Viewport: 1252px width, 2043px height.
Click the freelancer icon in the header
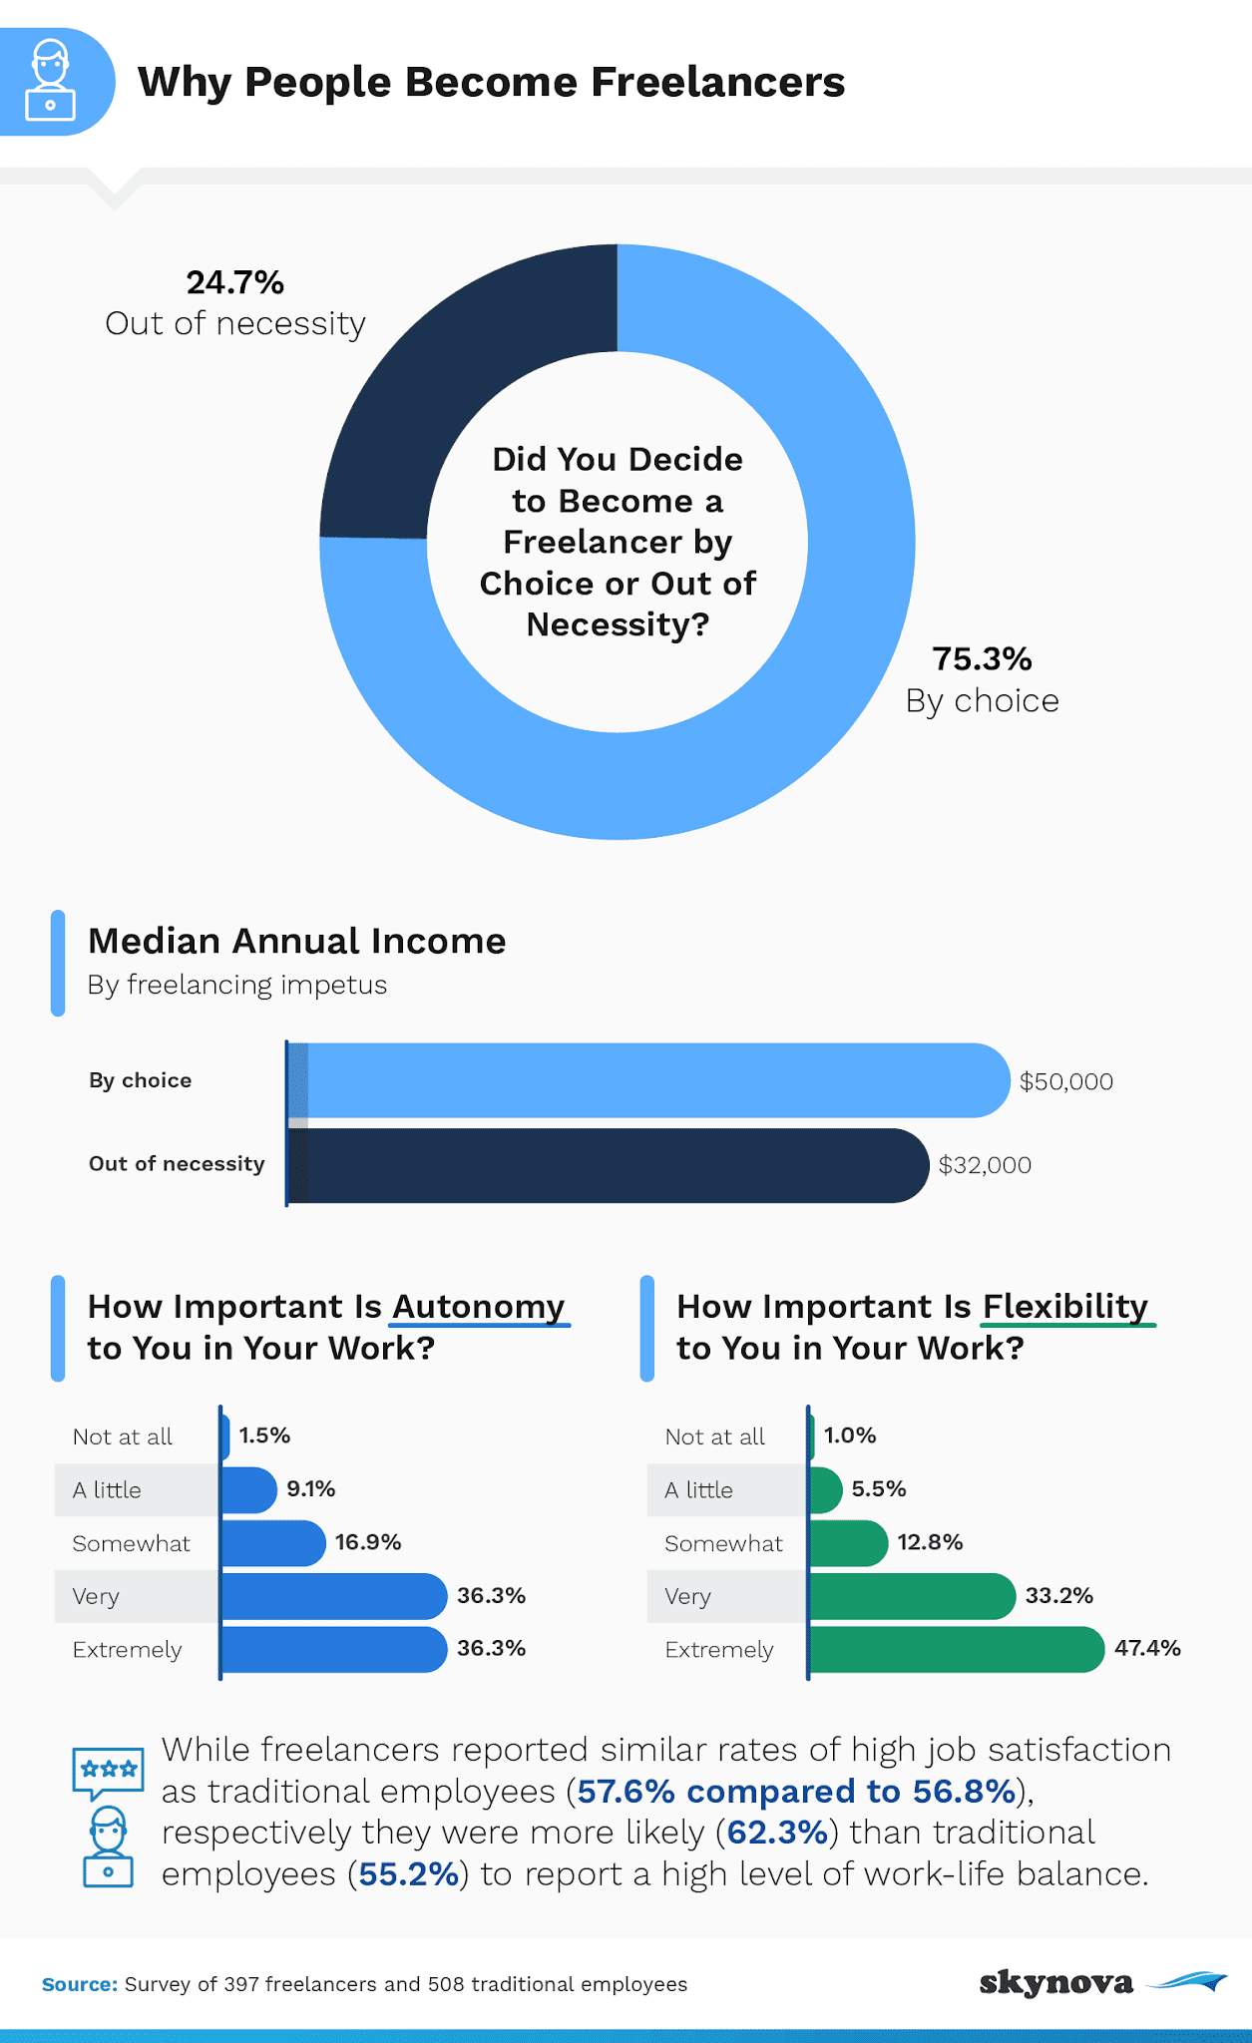[51, 81]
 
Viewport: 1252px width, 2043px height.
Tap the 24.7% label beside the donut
[235, 283]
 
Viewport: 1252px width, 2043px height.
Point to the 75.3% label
[982, 659]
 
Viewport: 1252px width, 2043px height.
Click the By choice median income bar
[648, 1080]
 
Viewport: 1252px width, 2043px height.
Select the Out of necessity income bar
[609, 1165]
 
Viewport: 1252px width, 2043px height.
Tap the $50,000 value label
[1065, 1081]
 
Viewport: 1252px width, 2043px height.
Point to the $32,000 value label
[985, 1165]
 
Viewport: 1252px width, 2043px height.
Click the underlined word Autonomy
[479, 1307]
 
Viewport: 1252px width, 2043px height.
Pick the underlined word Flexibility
[1065, 1307]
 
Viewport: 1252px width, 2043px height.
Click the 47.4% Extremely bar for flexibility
[956, 1649]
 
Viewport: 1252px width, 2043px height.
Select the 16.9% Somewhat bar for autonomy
[272, 1543]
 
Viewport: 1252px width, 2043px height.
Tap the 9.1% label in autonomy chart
[311, 1489]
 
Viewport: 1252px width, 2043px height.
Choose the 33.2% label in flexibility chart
[1059, 1596]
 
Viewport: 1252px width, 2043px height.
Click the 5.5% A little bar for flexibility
[825, 1490]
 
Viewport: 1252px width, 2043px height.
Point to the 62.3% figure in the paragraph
[778, 1833]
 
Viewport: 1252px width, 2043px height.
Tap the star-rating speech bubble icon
[108, 1772]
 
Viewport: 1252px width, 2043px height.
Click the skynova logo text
[1055, 1982]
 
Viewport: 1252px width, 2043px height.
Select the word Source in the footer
[79, 1984]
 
